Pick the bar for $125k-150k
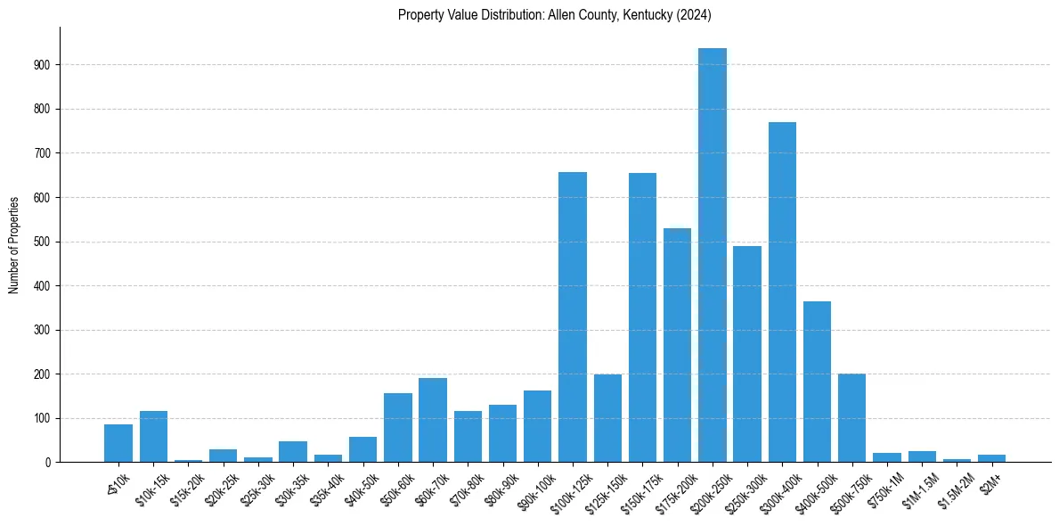coord(607,418)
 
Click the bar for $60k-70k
coord(433,420)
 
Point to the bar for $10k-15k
coord(153,437)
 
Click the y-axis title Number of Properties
coord(14,245)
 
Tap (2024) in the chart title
coord(694,14)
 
